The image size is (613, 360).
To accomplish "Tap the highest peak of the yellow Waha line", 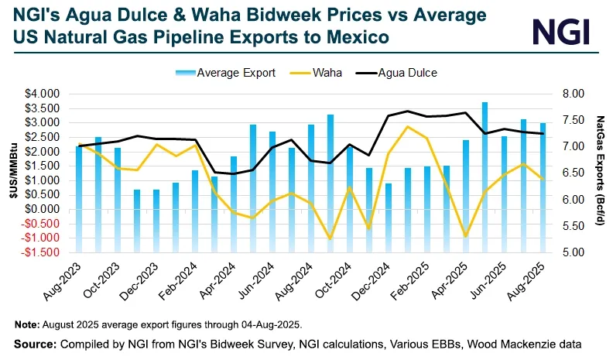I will click(407, 126).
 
